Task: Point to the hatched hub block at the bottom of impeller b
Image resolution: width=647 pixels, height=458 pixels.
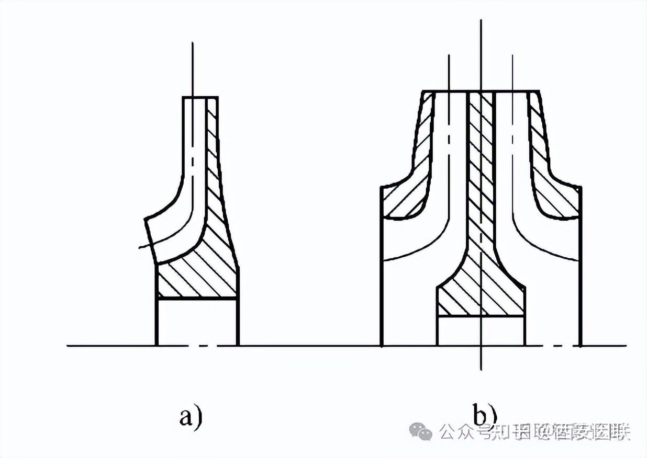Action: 480,298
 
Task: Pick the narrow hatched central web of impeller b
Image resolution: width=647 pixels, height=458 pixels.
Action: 481,173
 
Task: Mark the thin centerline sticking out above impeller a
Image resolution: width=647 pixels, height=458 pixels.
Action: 193,68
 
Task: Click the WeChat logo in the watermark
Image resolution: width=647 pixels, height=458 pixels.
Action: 421,431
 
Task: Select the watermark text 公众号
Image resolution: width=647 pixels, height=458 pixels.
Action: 460,432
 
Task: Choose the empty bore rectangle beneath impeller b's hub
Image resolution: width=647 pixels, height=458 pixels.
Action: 480,330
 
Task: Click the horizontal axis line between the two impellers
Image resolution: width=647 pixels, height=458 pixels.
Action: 309,346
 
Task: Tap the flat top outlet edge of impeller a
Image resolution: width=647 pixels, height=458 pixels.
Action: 200,97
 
